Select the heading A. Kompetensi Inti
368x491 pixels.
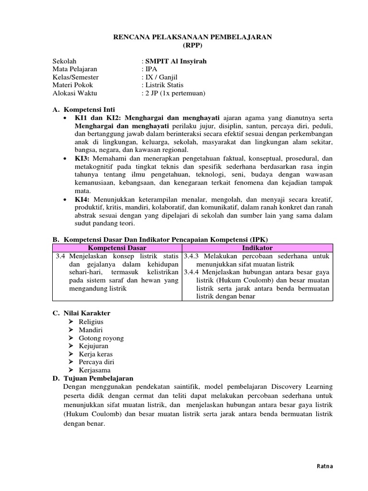84,109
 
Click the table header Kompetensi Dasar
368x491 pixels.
117,248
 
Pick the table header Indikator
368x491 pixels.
257,248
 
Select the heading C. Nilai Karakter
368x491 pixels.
81,313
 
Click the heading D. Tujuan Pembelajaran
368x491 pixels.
93,378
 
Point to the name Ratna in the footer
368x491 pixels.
325,466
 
